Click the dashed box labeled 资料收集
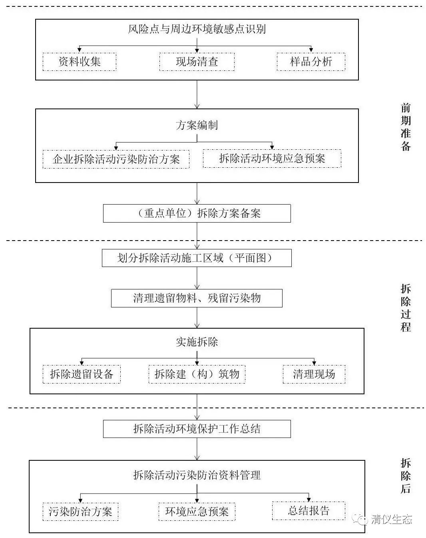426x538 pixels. pos(80,62)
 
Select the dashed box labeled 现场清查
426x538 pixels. pos(197,62)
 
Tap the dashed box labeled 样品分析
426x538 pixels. pos(311,62)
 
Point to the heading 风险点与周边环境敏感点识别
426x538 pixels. pos(197,29)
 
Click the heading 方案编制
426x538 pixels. pos(197,125)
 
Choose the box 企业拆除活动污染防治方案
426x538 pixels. pos(116,159)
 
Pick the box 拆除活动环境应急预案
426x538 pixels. pos(272,158)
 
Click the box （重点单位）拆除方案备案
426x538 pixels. pos(197,213)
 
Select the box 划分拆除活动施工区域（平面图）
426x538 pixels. pos(197,258)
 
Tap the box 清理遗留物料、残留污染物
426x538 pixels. pos(197,298)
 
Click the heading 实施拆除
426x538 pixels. pos(197,342)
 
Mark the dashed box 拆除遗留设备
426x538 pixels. pos(82,374)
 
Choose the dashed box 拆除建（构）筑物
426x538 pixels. pos(197,374)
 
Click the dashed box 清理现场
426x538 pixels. pos(314,374)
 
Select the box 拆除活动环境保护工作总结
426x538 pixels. pos(197,429)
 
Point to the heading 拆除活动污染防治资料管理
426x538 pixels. pos(197,475)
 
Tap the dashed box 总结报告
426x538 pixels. pos(309,511)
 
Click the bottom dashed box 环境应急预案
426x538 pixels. pos(197,512)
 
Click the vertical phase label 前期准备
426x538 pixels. pos(406,127)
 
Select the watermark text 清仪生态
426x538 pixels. pos(391,520)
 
